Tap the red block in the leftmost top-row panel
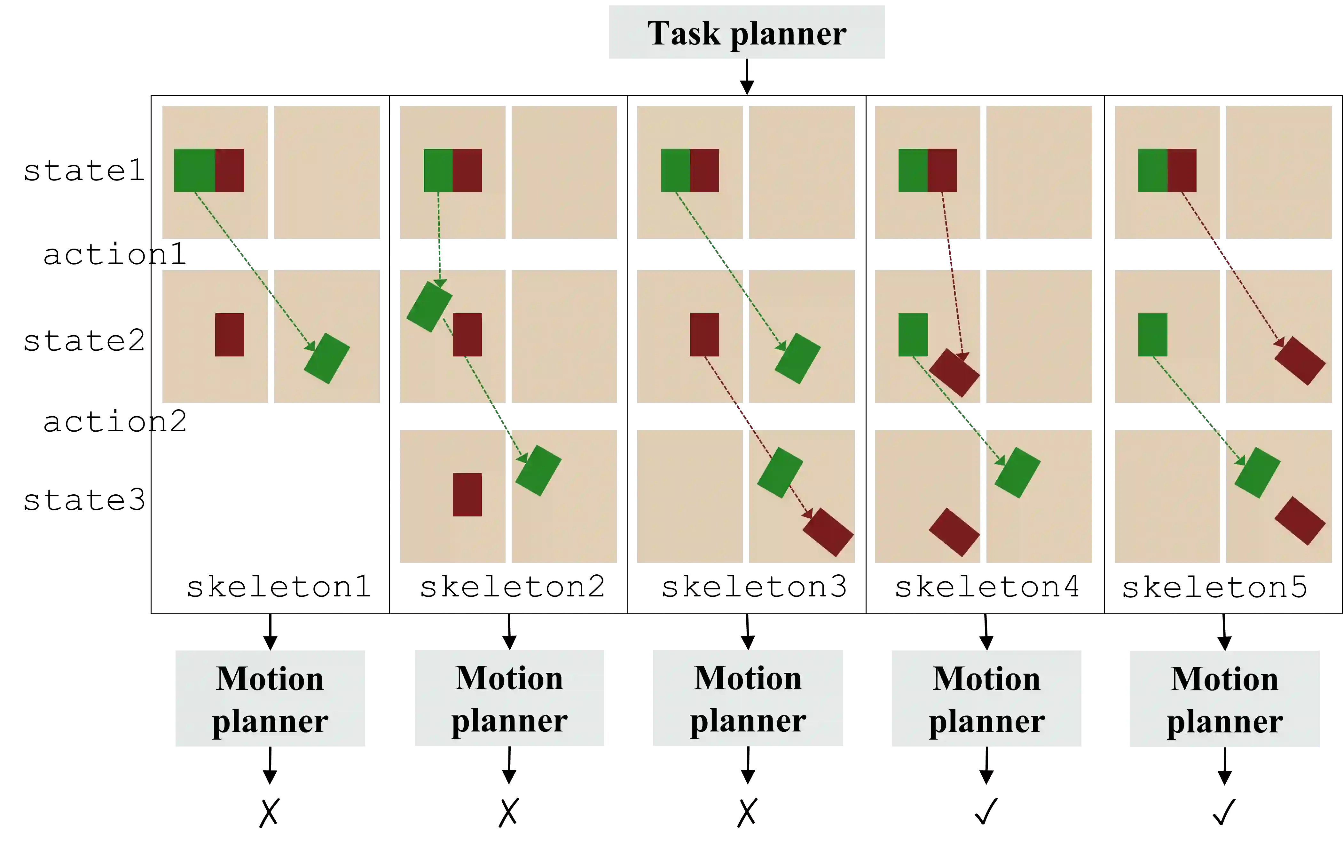[230, 170]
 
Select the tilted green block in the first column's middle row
[327, 358]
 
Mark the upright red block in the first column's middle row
[230, 335]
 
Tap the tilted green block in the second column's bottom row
[538, 471]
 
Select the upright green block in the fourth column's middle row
[913, 335]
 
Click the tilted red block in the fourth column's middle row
[954, 373]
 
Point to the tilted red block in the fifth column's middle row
[1300, 361]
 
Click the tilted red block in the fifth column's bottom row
[1300, 521]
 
